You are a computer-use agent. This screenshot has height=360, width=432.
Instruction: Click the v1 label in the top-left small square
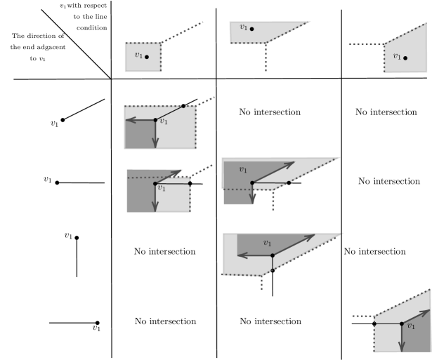(138, 55)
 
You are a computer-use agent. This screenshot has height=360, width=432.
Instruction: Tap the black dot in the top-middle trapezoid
(251, 29)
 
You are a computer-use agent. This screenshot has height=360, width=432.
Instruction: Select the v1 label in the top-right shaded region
(397, 56)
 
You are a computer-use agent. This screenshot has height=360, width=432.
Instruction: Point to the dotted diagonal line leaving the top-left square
(183, 32)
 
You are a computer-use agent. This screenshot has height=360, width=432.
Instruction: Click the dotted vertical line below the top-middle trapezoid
(266, 58)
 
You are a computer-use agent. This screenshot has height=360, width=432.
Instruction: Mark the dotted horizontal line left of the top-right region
(365, 44)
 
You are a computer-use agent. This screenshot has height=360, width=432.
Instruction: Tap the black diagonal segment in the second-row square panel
(169, 113)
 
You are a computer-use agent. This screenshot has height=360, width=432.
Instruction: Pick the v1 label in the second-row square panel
(164, 121)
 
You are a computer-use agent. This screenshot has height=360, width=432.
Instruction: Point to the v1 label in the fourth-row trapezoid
(267, 243)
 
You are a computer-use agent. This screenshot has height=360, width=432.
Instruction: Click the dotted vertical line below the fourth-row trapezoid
(261, 283)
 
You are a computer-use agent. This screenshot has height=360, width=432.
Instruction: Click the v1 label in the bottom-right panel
(411, 326)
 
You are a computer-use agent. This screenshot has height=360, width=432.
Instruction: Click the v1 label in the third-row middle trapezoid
(243, 169)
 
